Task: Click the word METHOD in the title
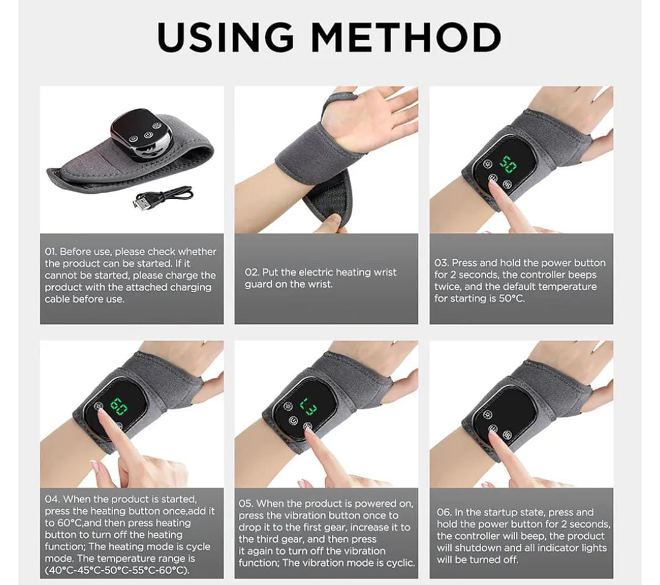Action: tap(406, 38)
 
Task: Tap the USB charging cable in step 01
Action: tap(163, 198)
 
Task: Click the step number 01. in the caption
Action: tap(51, 252)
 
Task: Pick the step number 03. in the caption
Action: tap(442, 263)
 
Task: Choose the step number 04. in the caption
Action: tap(53, 499)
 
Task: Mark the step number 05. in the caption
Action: tap(246, 504)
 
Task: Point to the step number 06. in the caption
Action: tap(444, 512)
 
